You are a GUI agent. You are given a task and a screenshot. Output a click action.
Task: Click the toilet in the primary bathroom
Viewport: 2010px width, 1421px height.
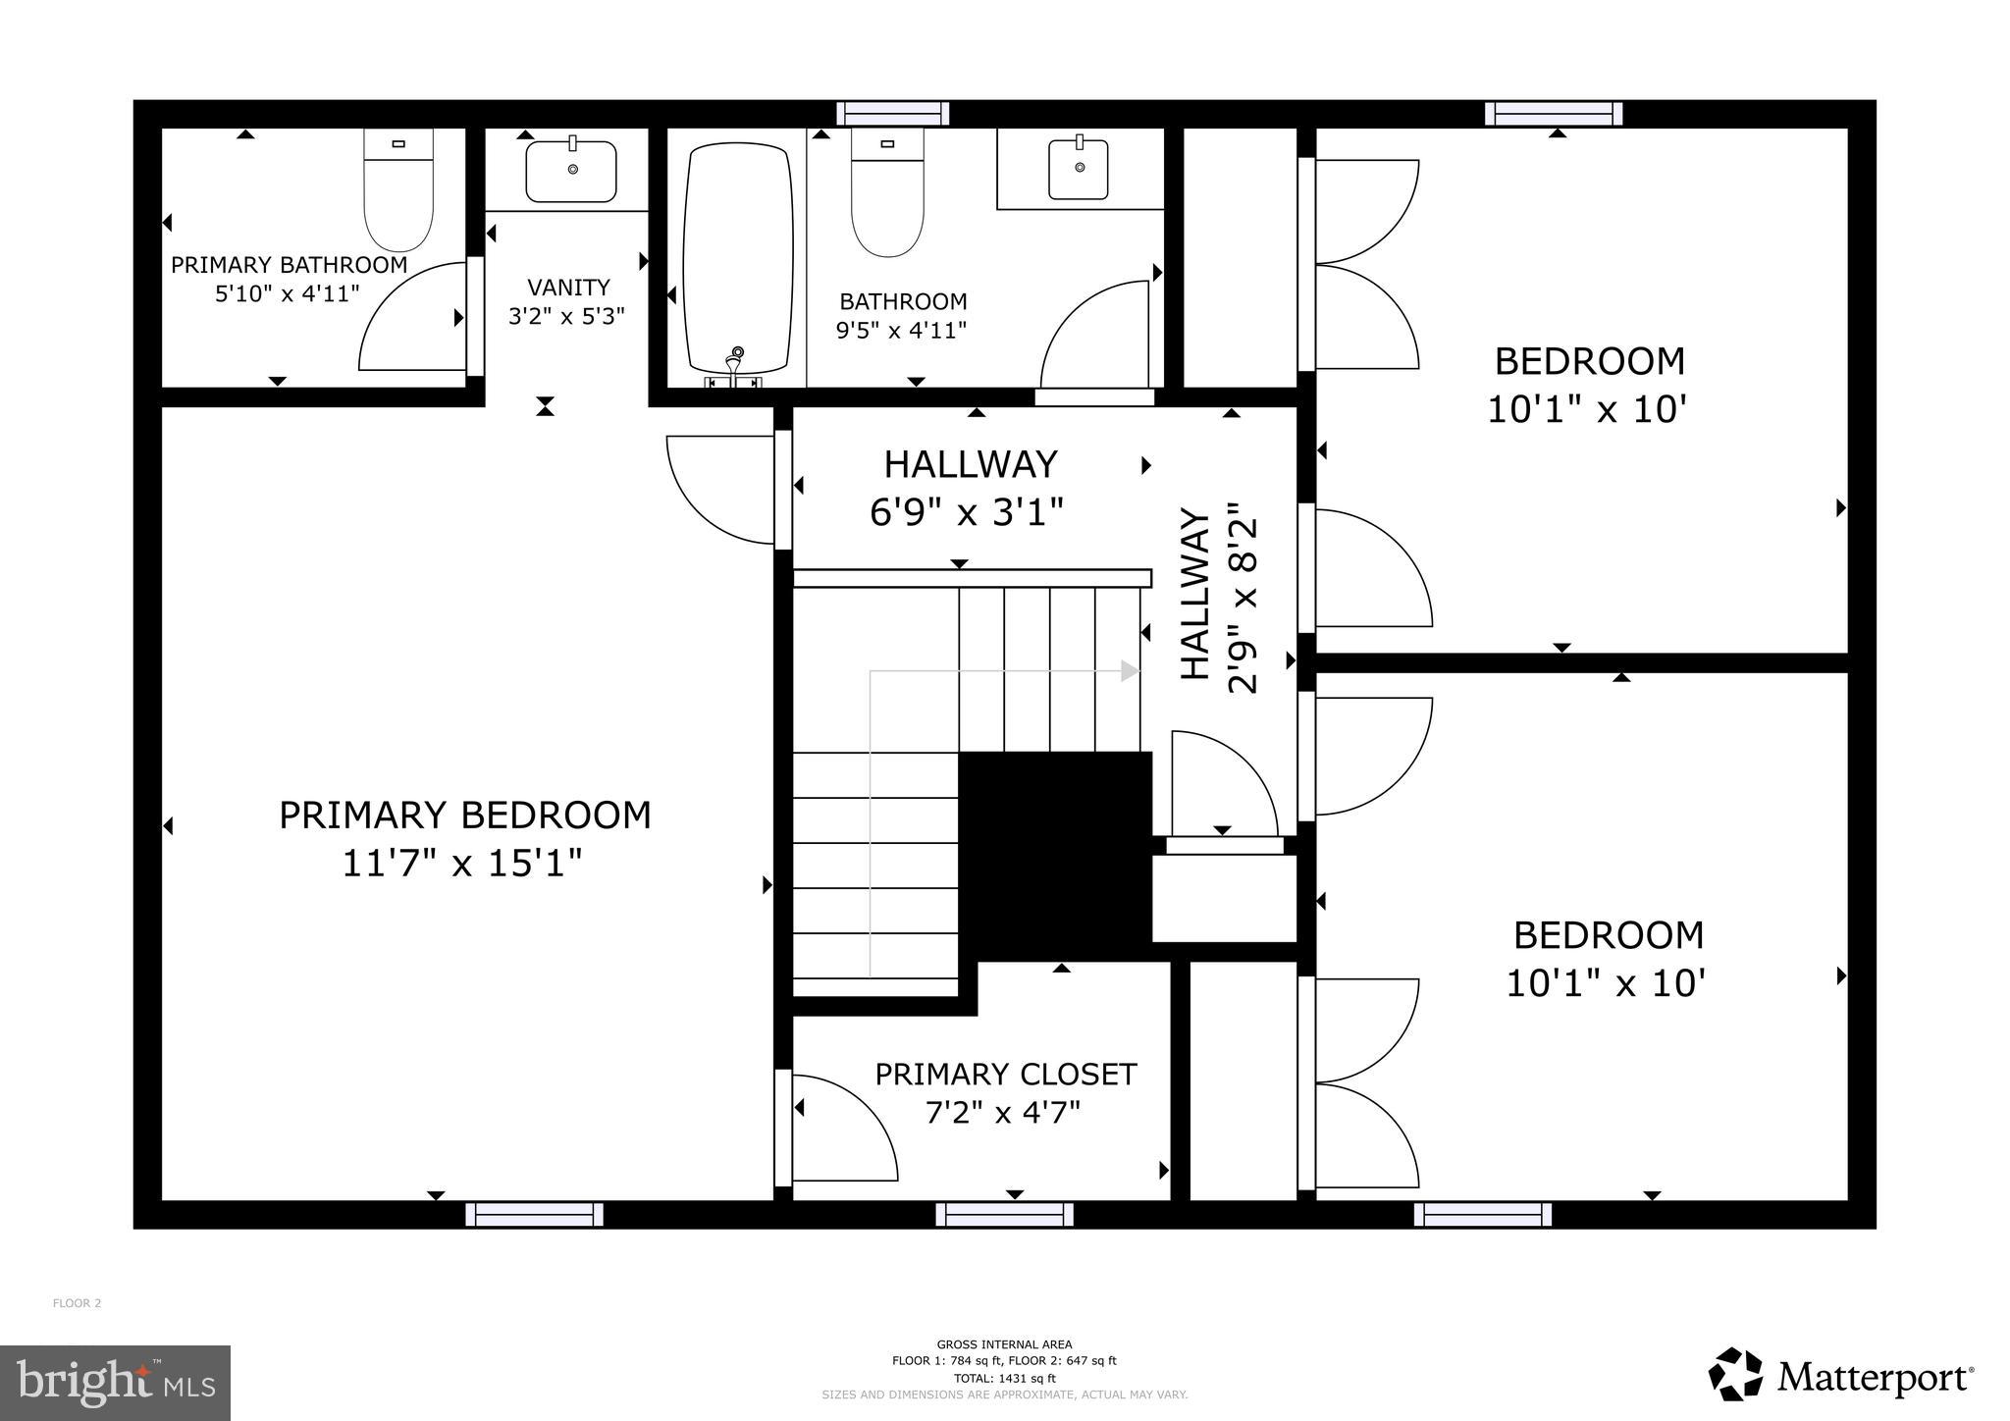[x=398, y=190]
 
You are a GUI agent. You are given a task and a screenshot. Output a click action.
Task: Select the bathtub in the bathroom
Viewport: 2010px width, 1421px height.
[x=738, y=260]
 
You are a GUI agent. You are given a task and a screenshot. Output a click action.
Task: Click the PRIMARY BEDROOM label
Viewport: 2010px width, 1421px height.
[x=464, y=816]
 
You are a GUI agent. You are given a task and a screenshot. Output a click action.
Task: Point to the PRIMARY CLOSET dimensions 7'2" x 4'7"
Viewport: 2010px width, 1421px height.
[x=1003, y=1113]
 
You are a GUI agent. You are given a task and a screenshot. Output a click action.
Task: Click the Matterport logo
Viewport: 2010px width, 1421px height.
[x=1841, y=1376]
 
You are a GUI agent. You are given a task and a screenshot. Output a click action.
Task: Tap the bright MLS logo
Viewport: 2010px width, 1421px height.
[x=115, y=1384]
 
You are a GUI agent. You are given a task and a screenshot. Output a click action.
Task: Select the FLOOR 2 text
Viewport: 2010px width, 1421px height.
[x=77, y=1303]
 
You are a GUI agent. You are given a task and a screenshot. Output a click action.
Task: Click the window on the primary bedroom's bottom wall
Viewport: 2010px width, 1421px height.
[x=534, y=1215]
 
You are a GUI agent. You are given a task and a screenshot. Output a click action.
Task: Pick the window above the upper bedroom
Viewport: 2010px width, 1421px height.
[x=1553, y=114]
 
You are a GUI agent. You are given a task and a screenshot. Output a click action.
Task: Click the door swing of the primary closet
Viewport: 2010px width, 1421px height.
[x=844, y=1129]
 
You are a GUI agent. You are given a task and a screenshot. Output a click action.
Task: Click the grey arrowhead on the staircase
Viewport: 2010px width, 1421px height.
[x=1130, y=671]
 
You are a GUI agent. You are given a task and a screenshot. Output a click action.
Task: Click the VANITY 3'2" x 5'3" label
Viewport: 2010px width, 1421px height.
[x=567, y=301]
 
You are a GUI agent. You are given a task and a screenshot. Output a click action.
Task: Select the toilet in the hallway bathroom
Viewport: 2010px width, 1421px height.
[x=887, y=193]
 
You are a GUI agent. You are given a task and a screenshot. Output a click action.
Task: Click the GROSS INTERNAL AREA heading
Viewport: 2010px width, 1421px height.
[x=1004, y=1344]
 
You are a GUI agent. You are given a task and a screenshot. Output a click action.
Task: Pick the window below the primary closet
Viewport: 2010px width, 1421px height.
[x=1003, y=1215]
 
